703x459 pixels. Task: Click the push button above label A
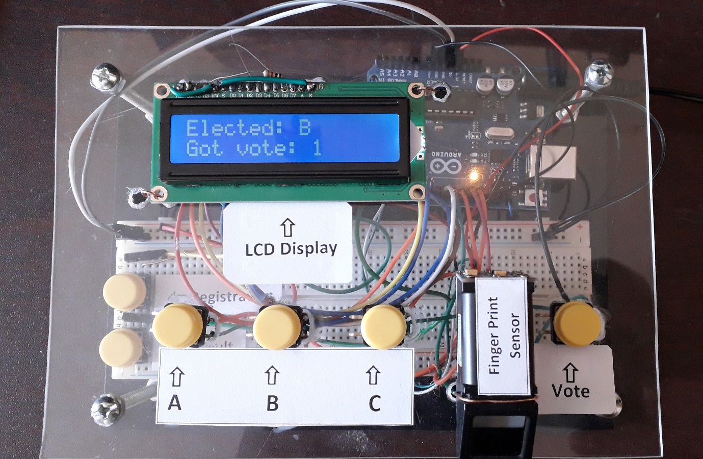pyautogui.click(x=177, y=325)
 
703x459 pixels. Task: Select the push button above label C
pyautogui.click(x=384, y=326)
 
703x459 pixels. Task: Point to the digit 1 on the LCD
pyautogui.click(x=317, y=148)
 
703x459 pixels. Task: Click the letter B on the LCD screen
pyautogui.click(x=305, y=126)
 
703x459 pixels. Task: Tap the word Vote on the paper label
pyautogui.click(x=570, y=391)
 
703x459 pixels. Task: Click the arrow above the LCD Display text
pyautogui.click(x=288, y=227)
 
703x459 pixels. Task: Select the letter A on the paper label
pyautogui.click(x=175, y=403)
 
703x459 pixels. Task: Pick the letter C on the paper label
pyautogui.click(x=374, y=403)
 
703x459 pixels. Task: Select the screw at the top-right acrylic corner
pyautogui.click(x=597, y=74)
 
